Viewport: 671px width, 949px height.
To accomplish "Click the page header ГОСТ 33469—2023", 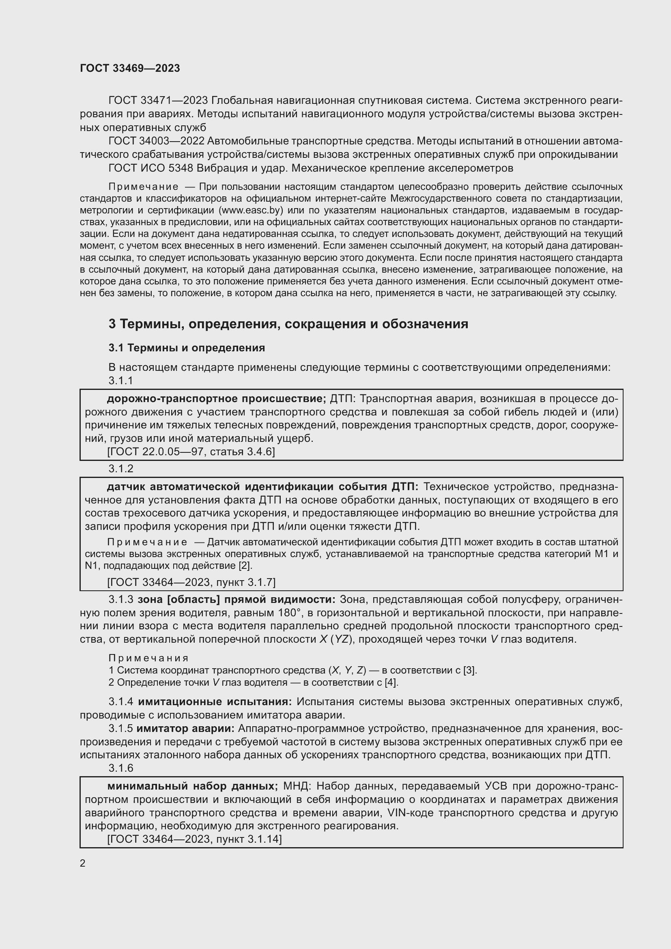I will (130, 69).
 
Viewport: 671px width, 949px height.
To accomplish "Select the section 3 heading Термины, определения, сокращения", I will (288, 324).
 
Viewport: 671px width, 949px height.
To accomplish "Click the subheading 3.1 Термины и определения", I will (187, 348).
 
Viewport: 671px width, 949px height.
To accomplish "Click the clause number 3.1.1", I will (120, 380).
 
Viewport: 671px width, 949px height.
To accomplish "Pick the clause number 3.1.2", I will (120, 468).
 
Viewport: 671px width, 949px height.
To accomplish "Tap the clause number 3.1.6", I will (120, 768).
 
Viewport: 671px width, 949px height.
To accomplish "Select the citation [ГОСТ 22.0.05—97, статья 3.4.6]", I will (191, 451).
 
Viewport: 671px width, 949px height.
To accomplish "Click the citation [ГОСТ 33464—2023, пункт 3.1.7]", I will (191, 582).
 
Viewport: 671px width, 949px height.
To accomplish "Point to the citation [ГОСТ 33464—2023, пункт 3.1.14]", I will (194, 839).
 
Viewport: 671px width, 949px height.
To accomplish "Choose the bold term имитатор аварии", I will (185, 728).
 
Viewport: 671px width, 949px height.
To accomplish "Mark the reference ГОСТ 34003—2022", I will (156, 141).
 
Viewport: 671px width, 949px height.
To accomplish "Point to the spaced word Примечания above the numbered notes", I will (148, 658).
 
